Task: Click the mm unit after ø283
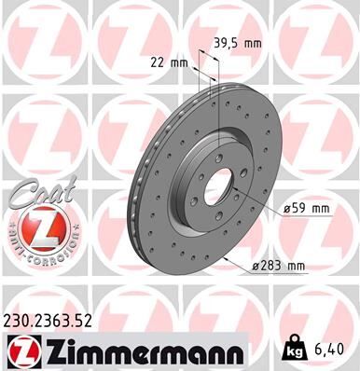click(x=296, y=268)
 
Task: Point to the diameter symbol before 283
click(x=254, y=268)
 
